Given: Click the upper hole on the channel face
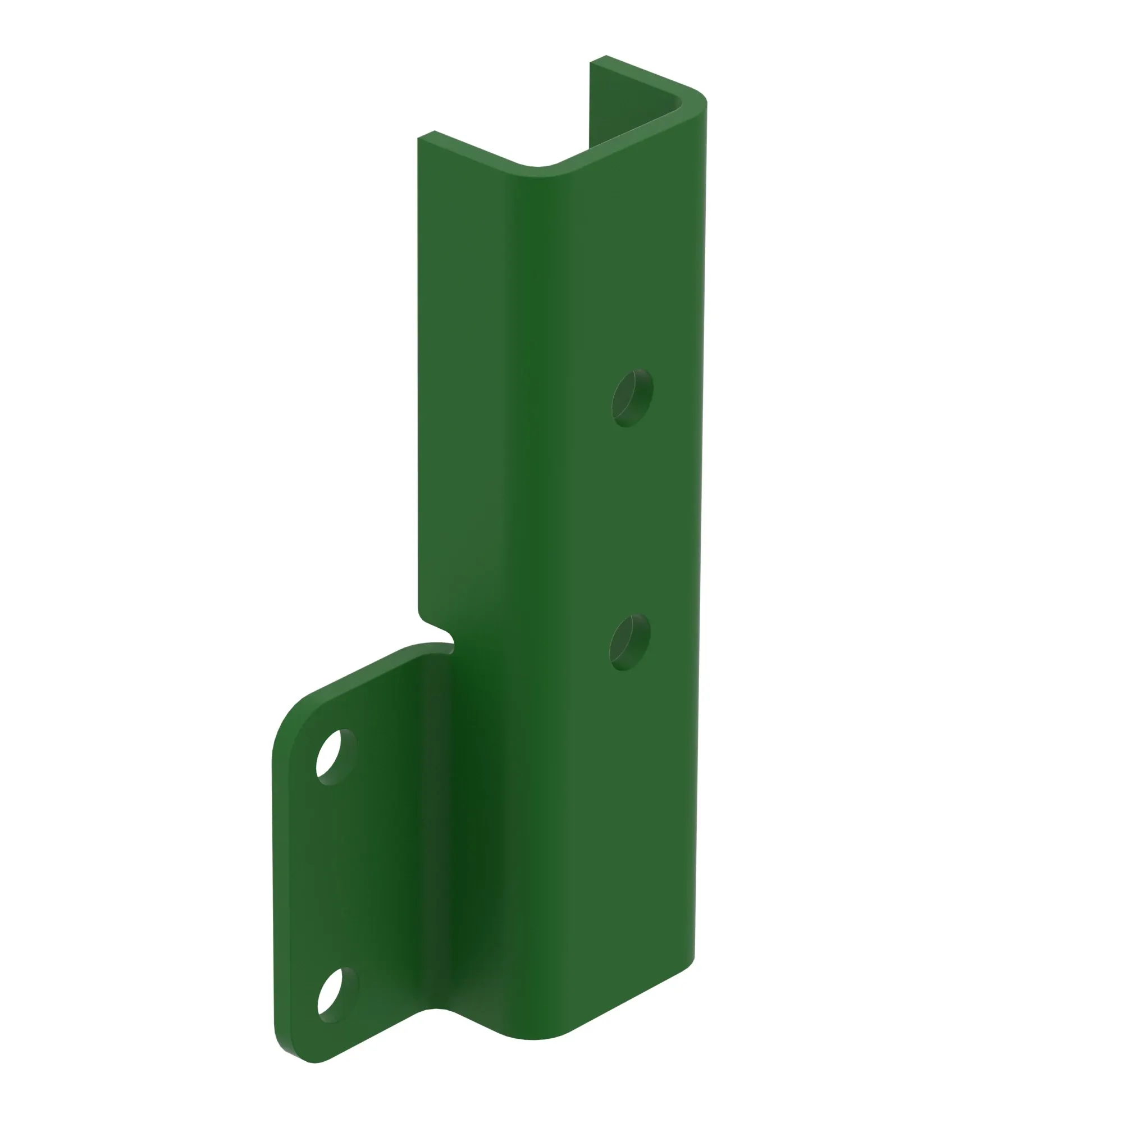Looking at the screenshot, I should (632, 398).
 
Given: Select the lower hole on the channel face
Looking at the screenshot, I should (629, 642).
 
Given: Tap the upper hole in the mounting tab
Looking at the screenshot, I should (336, 757).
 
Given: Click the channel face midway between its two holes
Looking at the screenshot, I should (631, 521).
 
